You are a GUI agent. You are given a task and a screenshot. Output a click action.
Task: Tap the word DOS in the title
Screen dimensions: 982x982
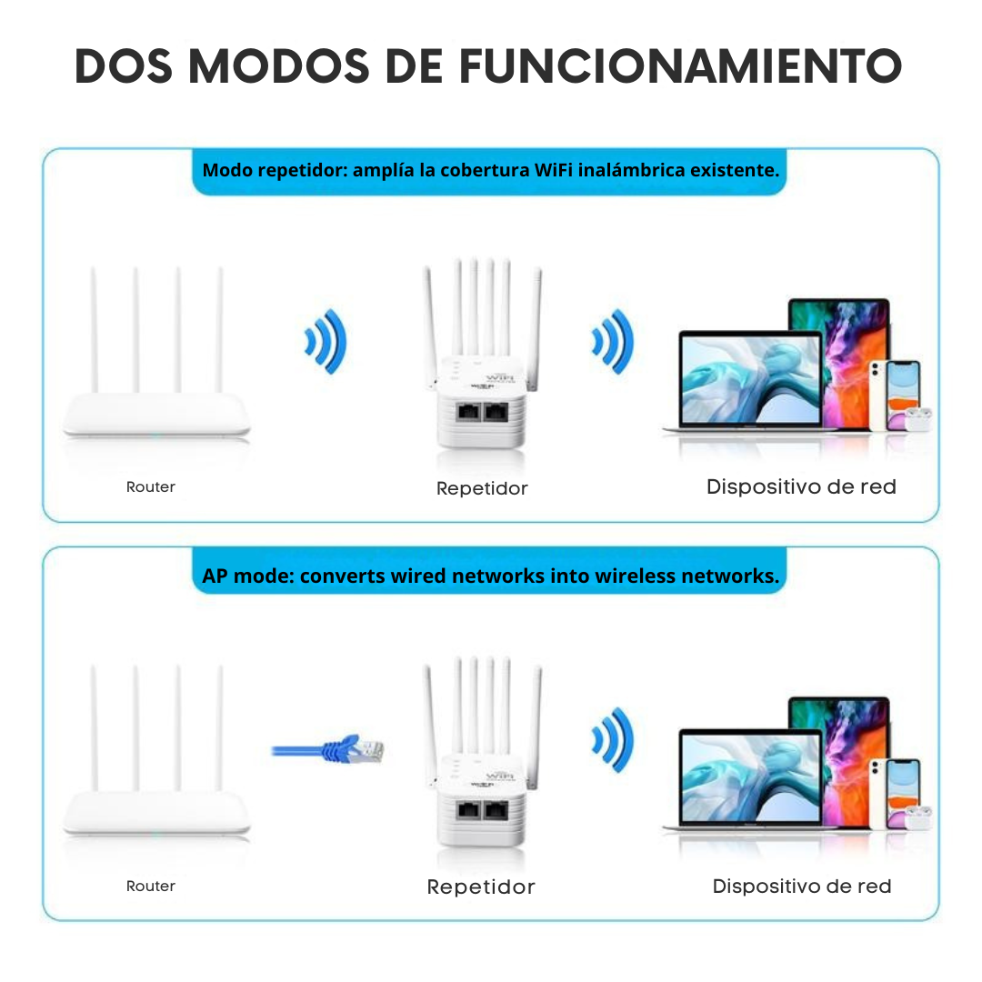pyautogui.click(x=126, y=65)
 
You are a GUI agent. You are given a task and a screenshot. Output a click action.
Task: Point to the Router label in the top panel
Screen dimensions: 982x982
pyautogui.click(x=151, y=487)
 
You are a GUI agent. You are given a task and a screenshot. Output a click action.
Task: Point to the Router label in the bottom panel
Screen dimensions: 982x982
pyautogui.click(x=151, y=886)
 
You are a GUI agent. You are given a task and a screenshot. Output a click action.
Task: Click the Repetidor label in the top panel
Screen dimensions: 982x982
pyautogui.click(x=482, y=488)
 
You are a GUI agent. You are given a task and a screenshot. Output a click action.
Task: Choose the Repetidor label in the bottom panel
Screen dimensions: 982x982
pyautogui.click(x=481, y=887)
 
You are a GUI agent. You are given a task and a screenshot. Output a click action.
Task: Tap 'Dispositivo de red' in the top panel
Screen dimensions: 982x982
pyautogui.click(x=801, y=486)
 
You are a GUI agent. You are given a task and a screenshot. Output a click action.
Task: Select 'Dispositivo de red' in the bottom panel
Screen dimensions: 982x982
pyautogui.click(x=801, y=886)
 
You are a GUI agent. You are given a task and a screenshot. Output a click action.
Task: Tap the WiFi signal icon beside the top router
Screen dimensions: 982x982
pyautogui.click(x=326, y=342)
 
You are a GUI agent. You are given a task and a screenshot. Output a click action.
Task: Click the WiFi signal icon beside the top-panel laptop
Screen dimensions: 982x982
pyautogui.click(x=612, y=342)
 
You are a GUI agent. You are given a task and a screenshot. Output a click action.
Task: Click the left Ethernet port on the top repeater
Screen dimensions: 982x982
pyautogui.click(x=468, y=410)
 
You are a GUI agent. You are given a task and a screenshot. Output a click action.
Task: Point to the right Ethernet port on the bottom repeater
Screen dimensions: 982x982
pyautogui.click(x=496, y=807)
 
